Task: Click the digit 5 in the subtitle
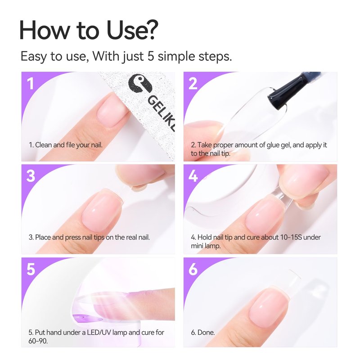pyautogui.click(x=151, y=56)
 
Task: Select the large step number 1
pyautogui.click(x=31, y=84)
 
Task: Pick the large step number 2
pyautogui.click(x=193, y=84)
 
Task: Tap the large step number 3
pyautogui.click(x=31, y=176)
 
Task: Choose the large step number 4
pyautogui.click(x=193, y=176)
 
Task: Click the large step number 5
pyautogui.click(x=31, y=269)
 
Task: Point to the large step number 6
pyautogui.click(x=193, y=269)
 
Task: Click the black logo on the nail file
pyautogui.click(x=140, y=84)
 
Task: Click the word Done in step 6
pyautogui.click(x=206, y=333)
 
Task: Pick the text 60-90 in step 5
pyautogui.click(x=38, y=341)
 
